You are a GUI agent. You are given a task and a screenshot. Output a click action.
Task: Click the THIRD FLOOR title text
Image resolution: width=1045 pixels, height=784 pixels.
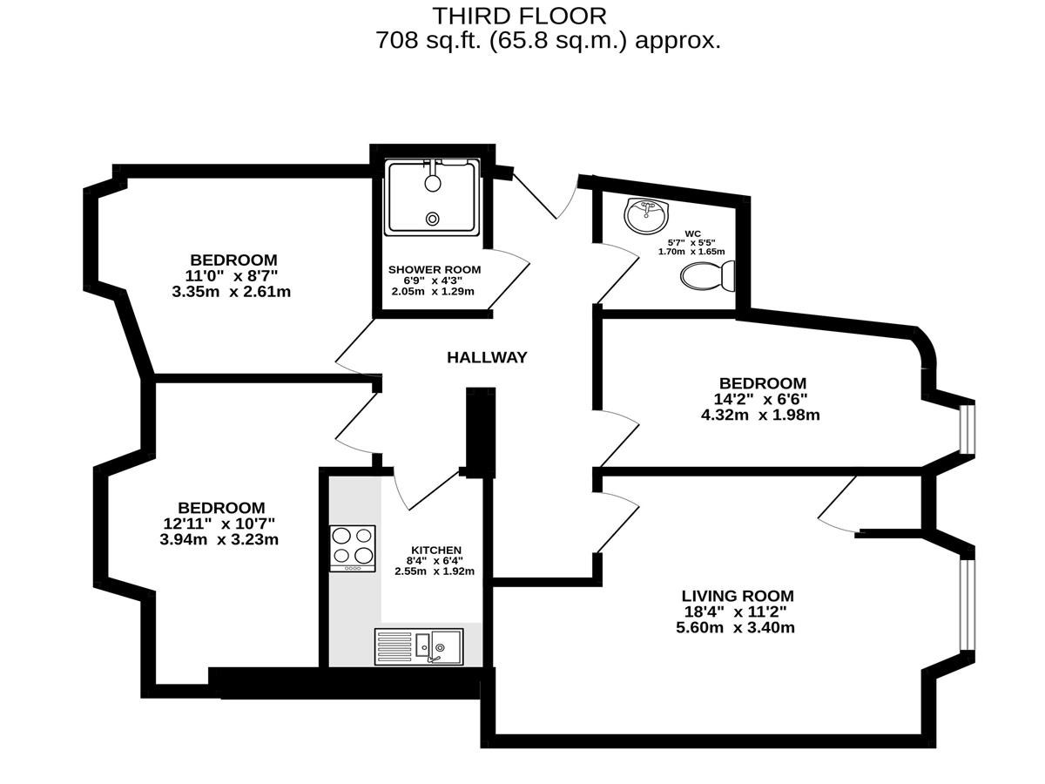click(x=519, y=17)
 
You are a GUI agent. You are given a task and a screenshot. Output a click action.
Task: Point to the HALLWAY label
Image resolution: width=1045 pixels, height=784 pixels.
click(x=487, y=357)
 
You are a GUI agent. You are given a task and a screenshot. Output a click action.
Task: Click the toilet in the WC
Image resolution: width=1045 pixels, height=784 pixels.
click(x=707, y=276)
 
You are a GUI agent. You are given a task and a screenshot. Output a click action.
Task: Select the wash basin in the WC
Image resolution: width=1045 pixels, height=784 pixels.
click(x=646, y=215)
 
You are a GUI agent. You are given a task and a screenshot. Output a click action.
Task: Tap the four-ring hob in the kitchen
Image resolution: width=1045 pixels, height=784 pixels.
click(x=353, y=549)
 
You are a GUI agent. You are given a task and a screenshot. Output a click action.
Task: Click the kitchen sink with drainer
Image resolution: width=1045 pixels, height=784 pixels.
click(x=419, y=646)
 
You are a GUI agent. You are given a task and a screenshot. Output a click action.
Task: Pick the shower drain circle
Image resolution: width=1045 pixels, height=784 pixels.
click(x=432, y=219)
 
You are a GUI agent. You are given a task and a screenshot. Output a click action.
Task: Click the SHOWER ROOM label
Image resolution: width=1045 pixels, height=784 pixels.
click(x=435, y=269)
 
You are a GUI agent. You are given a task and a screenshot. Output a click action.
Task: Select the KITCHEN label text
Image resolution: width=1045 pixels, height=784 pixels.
click(x=436, y=550)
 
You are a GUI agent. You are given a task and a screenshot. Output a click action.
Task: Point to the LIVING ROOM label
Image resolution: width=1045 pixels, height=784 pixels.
click(x=738, y=596)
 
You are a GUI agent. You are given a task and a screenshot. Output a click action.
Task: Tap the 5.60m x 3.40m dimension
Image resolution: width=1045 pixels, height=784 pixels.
click(x=735, y=627)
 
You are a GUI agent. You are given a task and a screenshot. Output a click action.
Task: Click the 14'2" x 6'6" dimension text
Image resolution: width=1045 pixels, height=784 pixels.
click(x=760, y=399)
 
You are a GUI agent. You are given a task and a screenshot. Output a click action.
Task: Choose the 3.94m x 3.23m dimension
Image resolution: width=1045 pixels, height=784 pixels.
click(x=219, y=539)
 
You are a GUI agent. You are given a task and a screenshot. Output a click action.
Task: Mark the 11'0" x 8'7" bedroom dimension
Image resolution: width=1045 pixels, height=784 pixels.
click(x=232, y=275)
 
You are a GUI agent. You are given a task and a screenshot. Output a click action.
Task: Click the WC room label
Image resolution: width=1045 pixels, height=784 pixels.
click(x=692, y=233)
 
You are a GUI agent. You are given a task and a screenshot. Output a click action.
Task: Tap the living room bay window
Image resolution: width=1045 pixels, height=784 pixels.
click(x=967, y=605)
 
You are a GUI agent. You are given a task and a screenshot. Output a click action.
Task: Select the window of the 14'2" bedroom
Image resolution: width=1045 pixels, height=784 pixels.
click(x=967, y=429)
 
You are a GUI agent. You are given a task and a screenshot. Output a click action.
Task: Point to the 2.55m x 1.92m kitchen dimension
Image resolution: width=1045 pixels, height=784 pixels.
click(x=435, y=571)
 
